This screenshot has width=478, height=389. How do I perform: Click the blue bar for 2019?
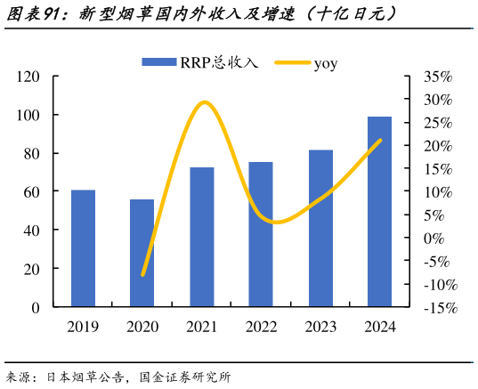click(x=83, y=248)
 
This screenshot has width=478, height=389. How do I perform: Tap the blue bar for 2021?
click(x=201, y=237)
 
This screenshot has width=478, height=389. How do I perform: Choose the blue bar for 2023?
click(x=320, y=228)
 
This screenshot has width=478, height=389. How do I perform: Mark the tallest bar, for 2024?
click(x=380, y=212)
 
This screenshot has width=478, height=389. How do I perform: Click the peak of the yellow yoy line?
click(x=204, y=102)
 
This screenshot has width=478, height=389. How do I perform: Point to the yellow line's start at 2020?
click(x=142, y=275)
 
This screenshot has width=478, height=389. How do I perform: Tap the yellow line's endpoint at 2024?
click(x=381, y=140)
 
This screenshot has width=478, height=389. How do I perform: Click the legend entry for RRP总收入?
click(x=200, y=62)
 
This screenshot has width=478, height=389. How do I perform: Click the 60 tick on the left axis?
click(x=32, y=191)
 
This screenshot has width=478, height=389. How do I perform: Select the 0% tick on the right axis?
click(x=433, y=238)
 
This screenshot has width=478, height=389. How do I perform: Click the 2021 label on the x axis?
click(x=201, y=327)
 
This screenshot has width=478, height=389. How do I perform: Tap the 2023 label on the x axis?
click(x=320, y=327)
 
